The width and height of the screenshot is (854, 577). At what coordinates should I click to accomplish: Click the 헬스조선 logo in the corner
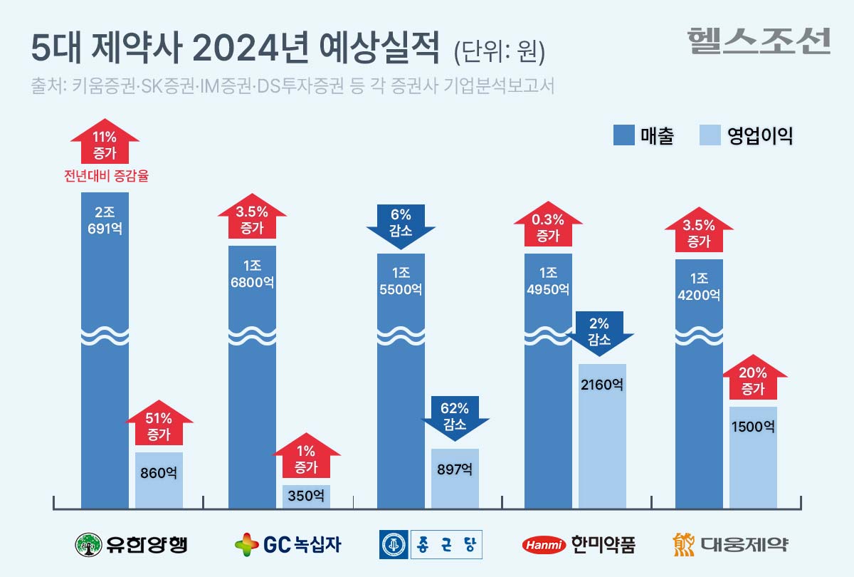tap(759, 41)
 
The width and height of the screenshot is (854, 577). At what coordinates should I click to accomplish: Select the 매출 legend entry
tap(643, 135)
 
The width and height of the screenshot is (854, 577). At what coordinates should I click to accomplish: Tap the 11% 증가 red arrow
tap(105, 142)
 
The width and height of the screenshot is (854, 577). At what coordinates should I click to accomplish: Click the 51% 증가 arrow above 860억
tap(159, 425)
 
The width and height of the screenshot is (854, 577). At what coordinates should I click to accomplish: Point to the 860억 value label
tap(159, 472)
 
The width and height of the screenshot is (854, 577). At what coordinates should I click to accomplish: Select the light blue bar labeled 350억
tap(306, 496)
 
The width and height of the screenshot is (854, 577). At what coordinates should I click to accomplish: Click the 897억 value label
tap(455, 469)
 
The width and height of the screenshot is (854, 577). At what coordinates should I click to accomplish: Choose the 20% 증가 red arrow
tap(753, 380)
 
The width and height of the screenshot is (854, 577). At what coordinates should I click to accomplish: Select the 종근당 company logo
tap(431, 545)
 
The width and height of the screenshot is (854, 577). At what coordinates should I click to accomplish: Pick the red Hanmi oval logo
tap(543, 546)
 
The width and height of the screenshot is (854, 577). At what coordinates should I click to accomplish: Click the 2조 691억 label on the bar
tap(105, 220)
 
